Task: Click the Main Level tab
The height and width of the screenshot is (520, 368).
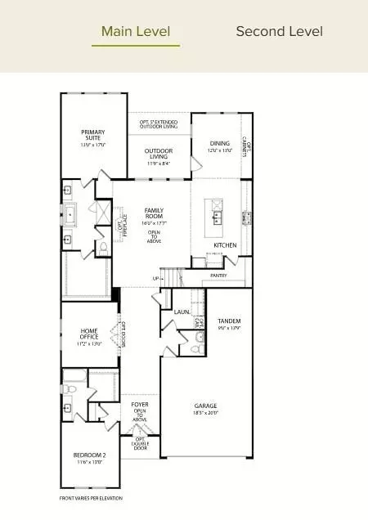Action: coord(136,32)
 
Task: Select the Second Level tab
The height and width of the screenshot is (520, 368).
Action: coord(279,32)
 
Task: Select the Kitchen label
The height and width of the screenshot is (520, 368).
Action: coord(225,244)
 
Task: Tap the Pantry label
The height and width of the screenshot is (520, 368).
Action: coord(218,276)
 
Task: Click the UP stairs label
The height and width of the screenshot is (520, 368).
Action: coord(156,279)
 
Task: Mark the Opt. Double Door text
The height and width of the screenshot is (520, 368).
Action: coord(140,443)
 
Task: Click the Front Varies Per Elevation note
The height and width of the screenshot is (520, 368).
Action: coord(90,498)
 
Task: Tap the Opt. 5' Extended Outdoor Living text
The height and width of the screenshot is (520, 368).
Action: coord(159,124)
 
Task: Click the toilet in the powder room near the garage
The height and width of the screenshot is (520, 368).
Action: coord(195,350)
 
